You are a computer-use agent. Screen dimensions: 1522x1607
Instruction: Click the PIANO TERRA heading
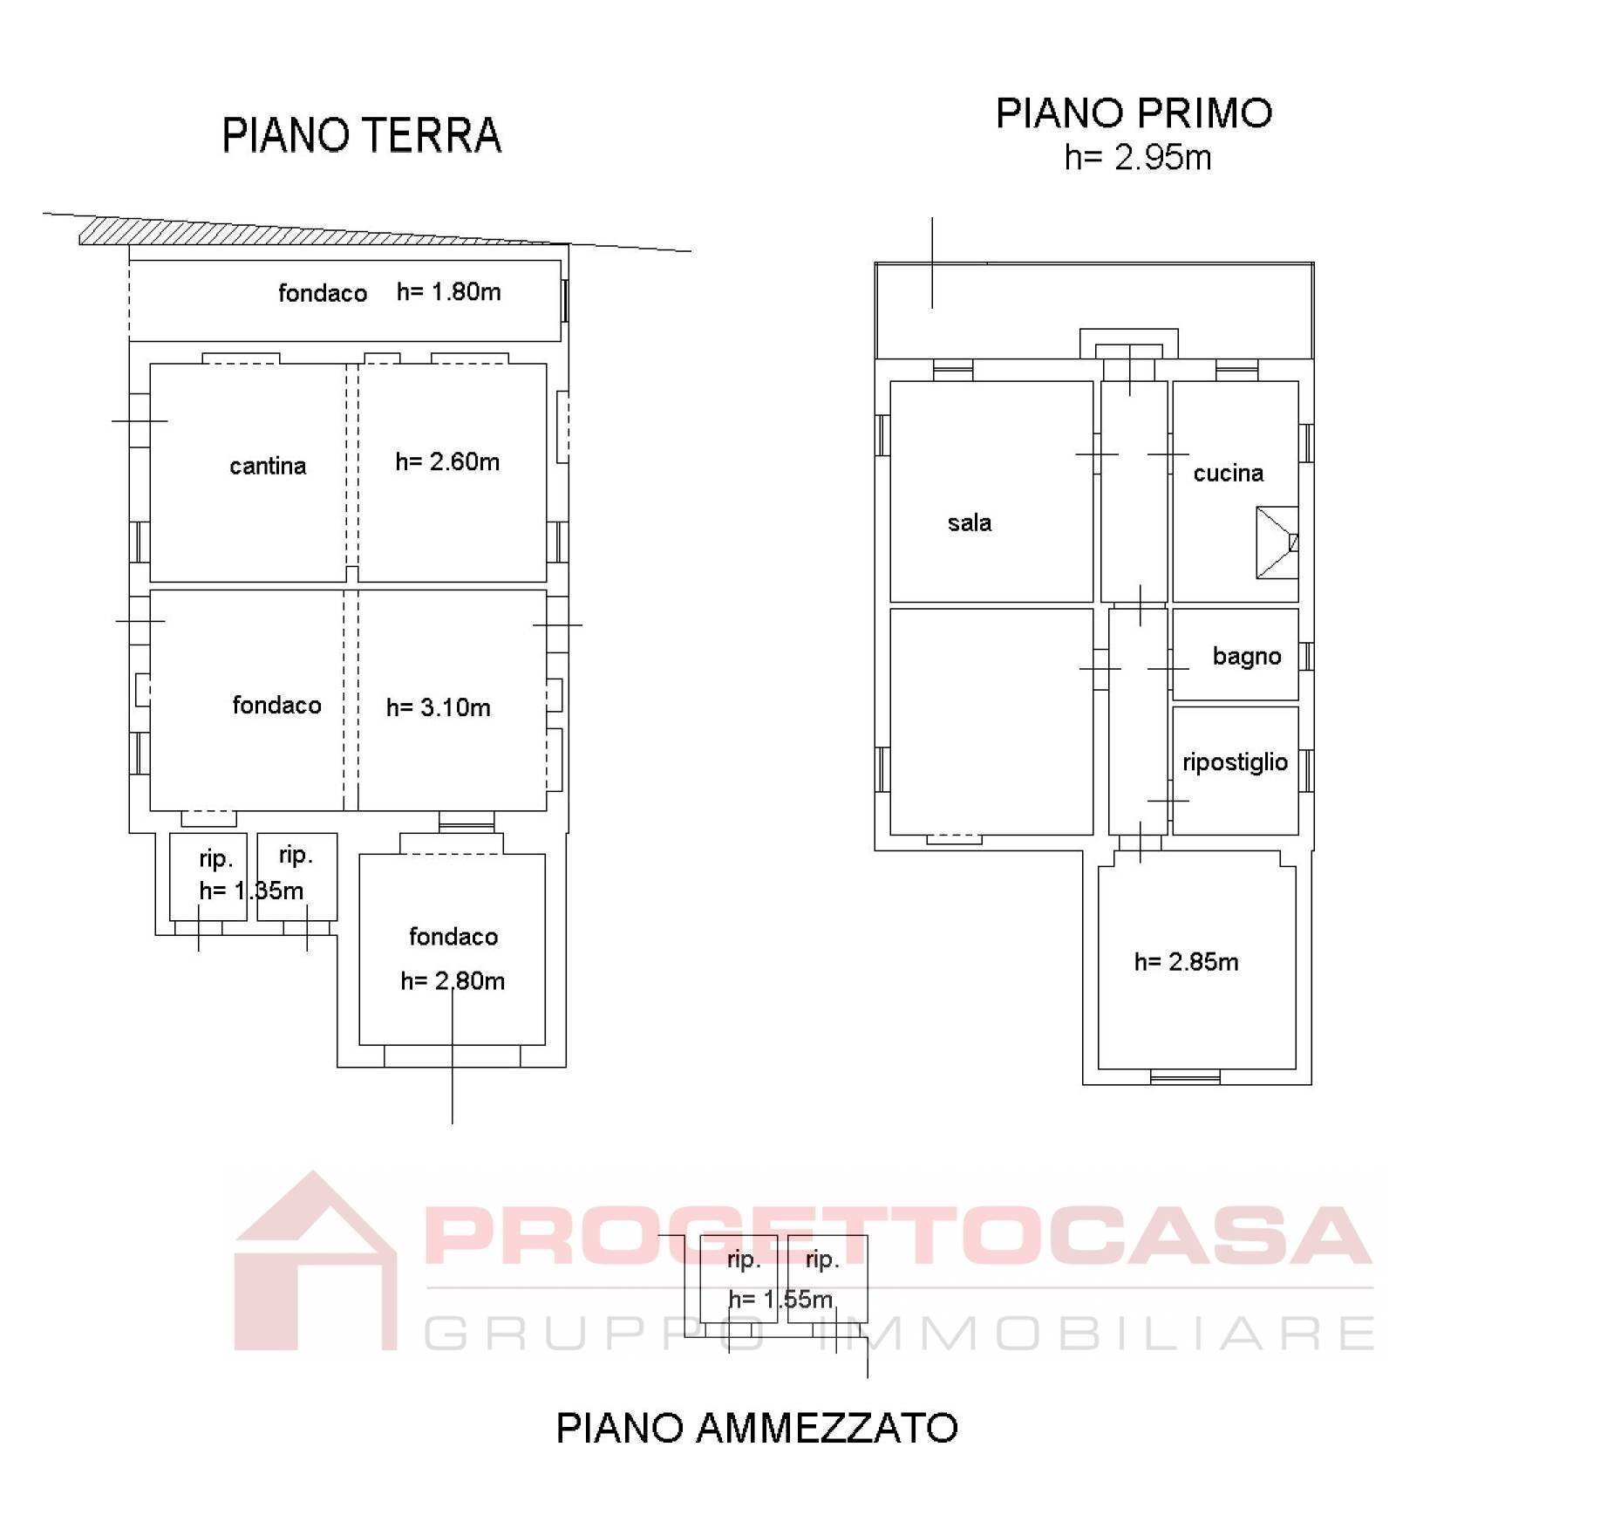(361, 135)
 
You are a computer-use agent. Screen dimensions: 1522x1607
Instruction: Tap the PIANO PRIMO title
(1134, 113)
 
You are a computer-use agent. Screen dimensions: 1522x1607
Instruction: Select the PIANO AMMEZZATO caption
(757, 1428)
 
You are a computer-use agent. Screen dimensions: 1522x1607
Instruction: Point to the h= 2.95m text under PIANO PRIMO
(1138, 158)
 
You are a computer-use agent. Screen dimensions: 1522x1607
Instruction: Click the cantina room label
(268, 466)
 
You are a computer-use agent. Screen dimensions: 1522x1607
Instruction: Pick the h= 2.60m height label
(447, 461)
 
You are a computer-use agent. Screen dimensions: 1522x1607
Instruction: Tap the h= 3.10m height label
(438, 707)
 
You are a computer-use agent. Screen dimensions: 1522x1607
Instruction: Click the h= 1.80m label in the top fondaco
(448, 291)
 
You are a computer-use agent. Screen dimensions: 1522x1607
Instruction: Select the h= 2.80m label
(453, 981)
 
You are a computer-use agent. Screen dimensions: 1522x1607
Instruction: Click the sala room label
(970, 522)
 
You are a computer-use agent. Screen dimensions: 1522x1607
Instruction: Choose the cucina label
(1228, 473)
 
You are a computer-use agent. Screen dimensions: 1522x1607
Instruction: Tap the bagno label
(1247, 656)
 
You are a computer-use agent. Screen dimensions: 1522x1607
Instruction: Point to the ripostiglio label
(1235, 761)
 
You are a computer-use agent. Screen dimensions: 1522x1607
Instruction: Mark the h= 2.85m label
(1186, 961)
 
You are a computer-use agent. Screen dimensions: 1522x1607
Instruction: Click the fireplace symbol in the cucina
(1277, 543)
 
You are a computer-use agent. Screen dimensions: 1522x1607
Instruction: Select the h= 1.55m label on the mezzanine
(780, 1299)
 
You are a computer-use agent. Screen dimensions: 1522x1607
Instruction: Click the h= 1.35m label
(251, 891)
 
